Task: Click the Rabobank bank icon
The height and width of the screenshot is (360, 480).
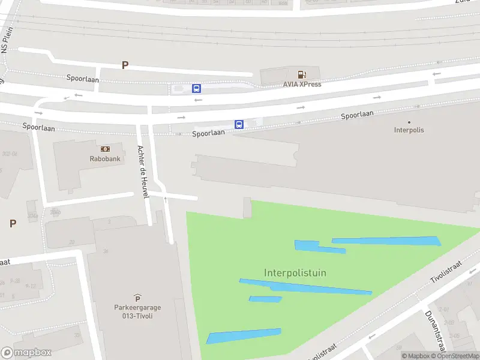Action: coord(105,148)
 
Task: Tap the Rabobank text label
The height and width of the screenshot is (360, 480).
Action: coord(105,159)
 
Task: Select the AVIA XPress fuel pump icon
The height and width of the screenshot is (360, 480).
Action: coord(302,74)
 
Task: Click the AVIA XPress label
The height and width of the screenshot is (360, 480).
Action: coord(302,84)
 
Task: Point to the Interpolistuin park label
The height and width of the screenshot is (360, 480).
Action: coord(295,273)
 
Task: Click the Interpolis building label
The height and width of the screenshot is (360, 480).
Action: coord(409,130)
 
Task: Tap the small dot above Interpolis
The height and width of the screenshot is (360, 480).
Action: coord(409,122)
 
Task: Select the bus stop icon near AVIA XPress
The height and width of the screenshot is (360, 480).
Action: coord(196,88)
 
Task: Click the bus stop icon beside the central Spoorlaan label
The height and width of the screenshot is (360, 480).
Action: coord(239,125)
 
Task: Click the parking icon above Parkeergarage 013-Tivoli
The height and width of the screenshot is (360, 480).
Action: coord(137,298)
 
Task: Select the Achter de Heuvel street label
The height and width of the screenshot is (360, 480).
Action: coord(142,173)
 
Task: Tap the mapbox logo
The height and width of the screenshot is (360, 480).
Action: coord(26,353)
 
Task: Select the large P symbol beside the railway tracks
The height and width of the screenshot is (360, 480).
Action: coord(125,65)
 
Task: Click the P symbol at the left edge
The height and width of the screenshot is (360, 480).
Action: coord(13,223)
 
